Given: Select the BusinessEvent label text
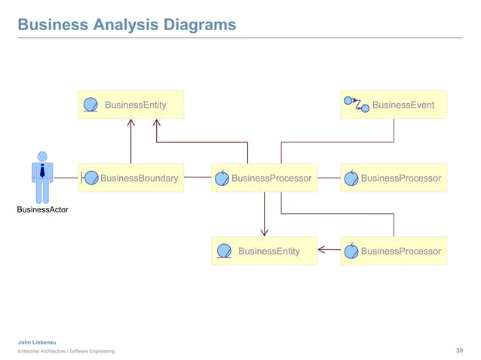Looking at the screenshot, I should [x=403, y=105].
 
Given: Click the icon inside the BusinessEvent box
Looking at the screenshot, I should [x=352, y=103].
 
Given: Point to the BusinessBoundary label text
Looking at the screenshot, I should [x=139, y=178].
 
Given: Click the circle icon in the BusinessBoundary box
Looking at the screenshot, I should [x=90, y=178].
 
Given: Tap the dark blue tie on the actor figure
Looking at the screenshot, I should [x=42, y=171].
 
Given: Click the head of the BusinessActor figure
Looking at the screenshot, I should [x=42, y=157].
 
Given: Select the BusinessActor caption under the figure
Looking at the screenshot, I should [x=42, y=209].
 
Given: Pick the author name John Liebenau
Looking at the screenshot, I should [x=36, y=343].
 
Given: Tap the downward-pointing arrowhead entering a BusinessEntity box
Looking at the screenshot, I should [x=264, y=231].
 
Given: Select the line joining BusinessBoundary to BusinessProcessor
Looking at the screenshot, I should [x=197, y=178].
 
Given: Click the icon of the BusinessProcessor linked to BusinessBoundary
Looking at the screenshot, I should [x=222, y=178].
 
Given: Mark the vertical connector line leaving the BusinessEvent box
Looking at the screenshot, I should [x=394, y=130].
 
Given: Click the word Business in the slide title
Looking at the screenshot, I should [x=51, y=25].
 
